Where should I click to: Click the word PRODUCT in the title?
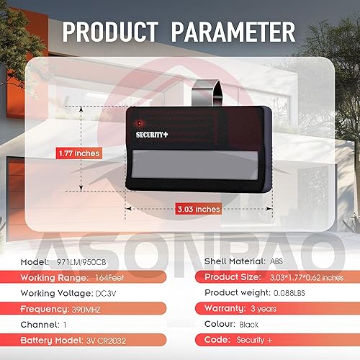(x=110, y=32)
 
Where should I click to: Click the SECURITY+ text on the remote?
(x=153, y=132)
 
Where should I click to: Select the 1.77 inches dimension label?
(x=78, y=153)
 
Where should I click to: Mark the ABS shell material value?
(x=277, y=261)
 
